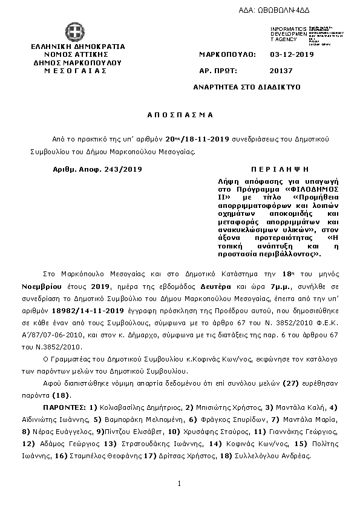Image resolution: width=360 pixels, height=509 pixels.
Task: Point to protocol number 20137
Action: pyautogui.click(x=281, y=71)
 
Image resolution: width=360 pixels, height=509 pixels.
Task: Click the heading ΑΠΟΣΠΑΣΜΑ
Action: pyautogui.click(x=180, y=114)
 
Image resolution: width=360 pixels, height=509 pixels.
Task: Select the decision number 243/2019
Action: pyautogui.click(x=121, y=169)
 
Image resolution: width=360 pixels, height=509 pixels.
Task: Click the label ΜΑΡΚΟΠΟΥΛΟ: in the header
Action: pyautogui.click(x=227, y=54)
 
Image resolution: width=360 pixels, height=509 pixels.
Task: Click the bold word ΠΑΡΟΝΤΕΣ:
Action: pyautogui.click(x=67, y=407)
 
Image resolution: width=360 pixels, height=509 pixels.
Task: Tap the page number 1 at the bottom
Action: pyautogui.click(x=180, y=484)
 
